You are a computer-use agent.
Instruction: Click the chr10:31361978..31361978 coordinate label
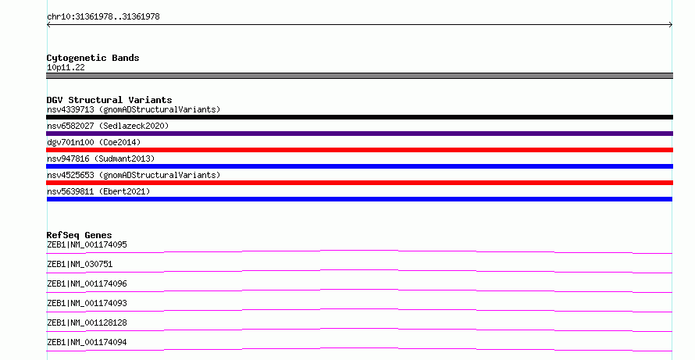point(103,17)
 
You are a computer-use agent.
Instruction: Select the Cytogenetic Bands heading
point(93,58)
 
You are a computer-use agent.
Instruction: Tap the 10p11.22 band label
point(66,67)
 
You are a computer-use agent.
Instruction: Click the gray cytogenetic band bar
point(359,76)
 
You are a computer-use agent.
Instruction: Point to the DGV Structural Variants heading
point(109,100)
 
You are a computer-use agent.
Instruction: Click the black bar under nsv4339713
point(359,117)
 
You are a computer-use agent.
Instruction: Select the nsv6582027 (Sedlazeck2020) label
point(108,126)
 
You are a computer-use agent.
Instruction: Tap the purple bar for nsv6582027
point(359,134)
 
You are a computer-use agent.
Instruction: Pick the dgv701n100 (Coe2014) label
point(94,142)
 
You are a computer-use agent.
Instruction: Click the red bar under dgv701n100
point(359,150)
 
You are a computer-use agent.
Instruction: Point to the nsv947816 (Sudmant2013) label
point(101,159)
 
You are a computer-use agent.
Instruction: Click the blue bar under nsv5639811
point(359,199)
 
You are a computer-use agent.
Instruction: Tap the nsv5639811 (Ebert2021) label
point(98,191)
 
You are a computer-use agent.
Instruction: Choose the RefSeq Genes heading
point(79,235)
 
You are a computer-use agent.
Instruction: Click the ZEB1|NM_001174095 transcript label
point(87,244)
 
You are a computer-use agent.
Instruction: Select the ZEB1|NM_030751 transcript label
point(80,264)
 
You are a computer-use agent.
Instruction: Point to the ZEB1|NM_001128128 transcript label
point(87,323)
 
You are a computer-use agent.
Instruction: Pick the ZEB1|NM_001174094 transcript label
point(87,342)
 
